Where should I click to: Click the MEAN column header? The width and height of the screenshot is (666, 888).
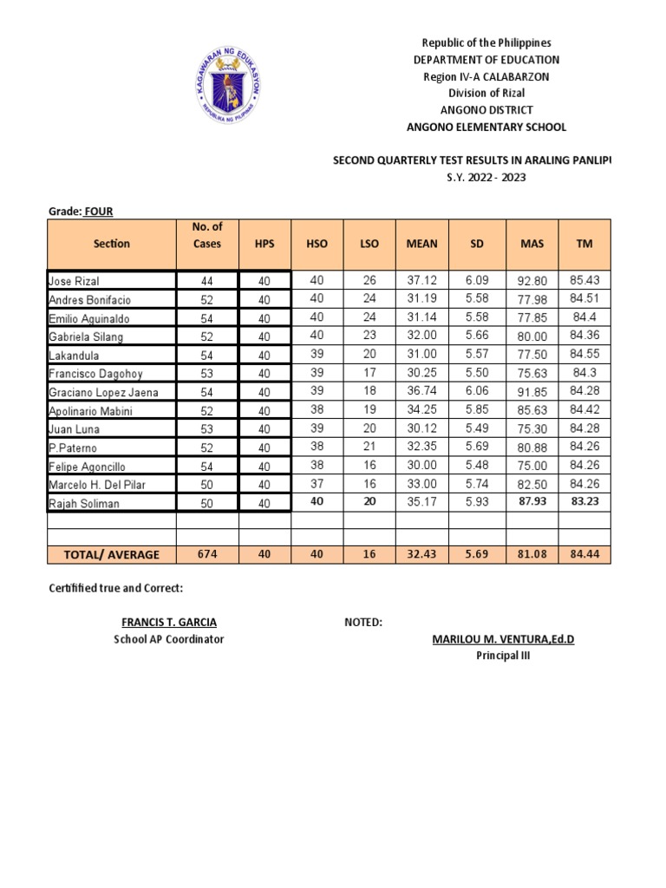[421, 244]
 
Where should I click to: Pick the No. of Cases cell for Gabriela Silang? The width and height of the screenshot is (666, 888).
[207, 336]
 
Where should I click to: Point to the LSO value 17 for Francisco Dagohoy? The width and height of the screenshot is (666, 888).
[369, 373]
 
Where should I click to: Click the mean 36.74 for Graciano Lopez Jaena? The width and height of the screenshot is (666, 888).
[421, 391]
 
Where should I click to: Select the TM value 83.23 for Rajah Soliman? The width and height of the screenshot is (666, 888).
[584, 501]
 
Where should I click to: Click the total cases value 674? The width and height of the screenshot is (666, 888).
[207, 554]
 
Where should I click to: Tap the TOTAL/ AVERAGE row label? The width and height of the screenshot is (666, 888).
[110, 554]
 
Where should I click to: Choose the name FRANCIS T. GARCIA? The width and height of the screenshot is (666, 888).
[169, 623]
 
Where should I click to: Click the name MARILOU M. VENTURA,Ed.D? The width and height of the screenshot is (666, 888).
[503, 640]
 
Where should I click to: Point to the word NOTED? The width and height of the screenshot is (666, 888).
[363, 623]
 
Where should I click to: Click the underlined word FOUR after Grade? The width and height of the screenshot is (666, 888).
[98, 211]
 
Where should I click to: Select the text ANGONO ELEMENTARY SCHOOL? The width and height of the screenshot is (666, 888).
[486, 127]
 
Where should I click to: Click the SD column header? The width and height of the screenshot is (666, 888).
[476, 244]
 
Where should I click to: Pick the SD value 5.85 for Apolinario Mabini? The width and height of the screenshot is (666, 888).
[476, 409]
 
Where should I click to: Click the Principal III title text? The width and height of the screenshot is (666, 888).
[503, 656]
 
